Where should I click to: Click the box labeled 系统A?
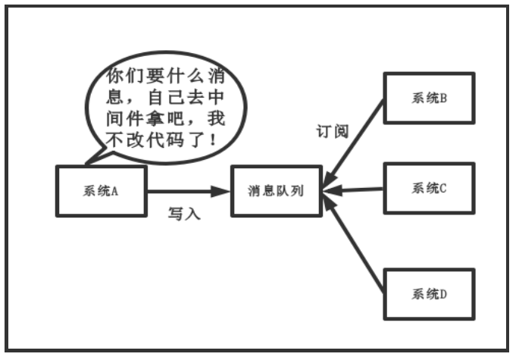pyautogui.click(x=102, y=191)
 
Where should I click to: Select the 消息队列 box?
pyautogui.click(x=276, y=191)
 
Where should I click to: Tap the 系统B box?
pyautogui.click(x=429, y=98)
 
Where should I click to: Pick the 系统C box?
pyautogui.click(x=429, y=188)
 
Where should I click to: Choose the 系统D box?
pyautogui.click(x=429, y=294)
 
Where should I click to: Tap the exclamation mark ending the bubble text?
pyautogui.click(x=220, y=139)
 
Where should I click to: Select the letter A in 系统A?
pyautogui.click(x=114, y=191)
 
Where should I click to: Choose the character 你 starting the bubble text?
pyautogui.click(x=114, y=76)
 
